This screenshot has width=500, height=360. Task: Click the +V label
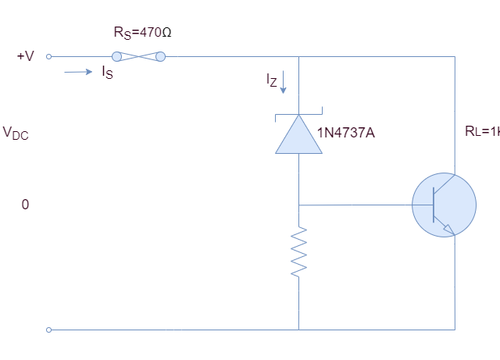point(25,56)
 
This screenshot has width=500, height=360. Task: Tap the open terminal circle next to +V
point(49,56)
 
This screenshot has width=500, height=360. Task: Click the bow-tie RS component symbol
point(139,56)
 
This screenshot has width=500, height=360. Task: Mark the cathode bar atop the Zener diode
point(298,116)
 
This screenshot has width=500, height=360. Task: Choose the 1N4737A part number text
point(345,133)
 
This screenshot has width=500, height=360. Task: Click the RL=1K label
point(481,132)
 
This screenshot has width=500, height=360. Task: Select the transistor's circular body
point(442,205)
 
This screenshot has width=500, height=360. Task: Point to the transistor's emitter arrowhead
point(448,229)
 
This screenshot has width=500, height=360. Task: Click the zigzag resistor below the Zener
point(298,251)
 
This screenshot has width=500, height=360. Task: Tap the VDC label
point(16,133)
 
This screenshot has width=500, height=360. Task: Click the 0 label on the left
point(25,205)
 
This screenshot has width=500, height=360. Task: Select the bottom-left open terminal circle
point(49,330)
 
